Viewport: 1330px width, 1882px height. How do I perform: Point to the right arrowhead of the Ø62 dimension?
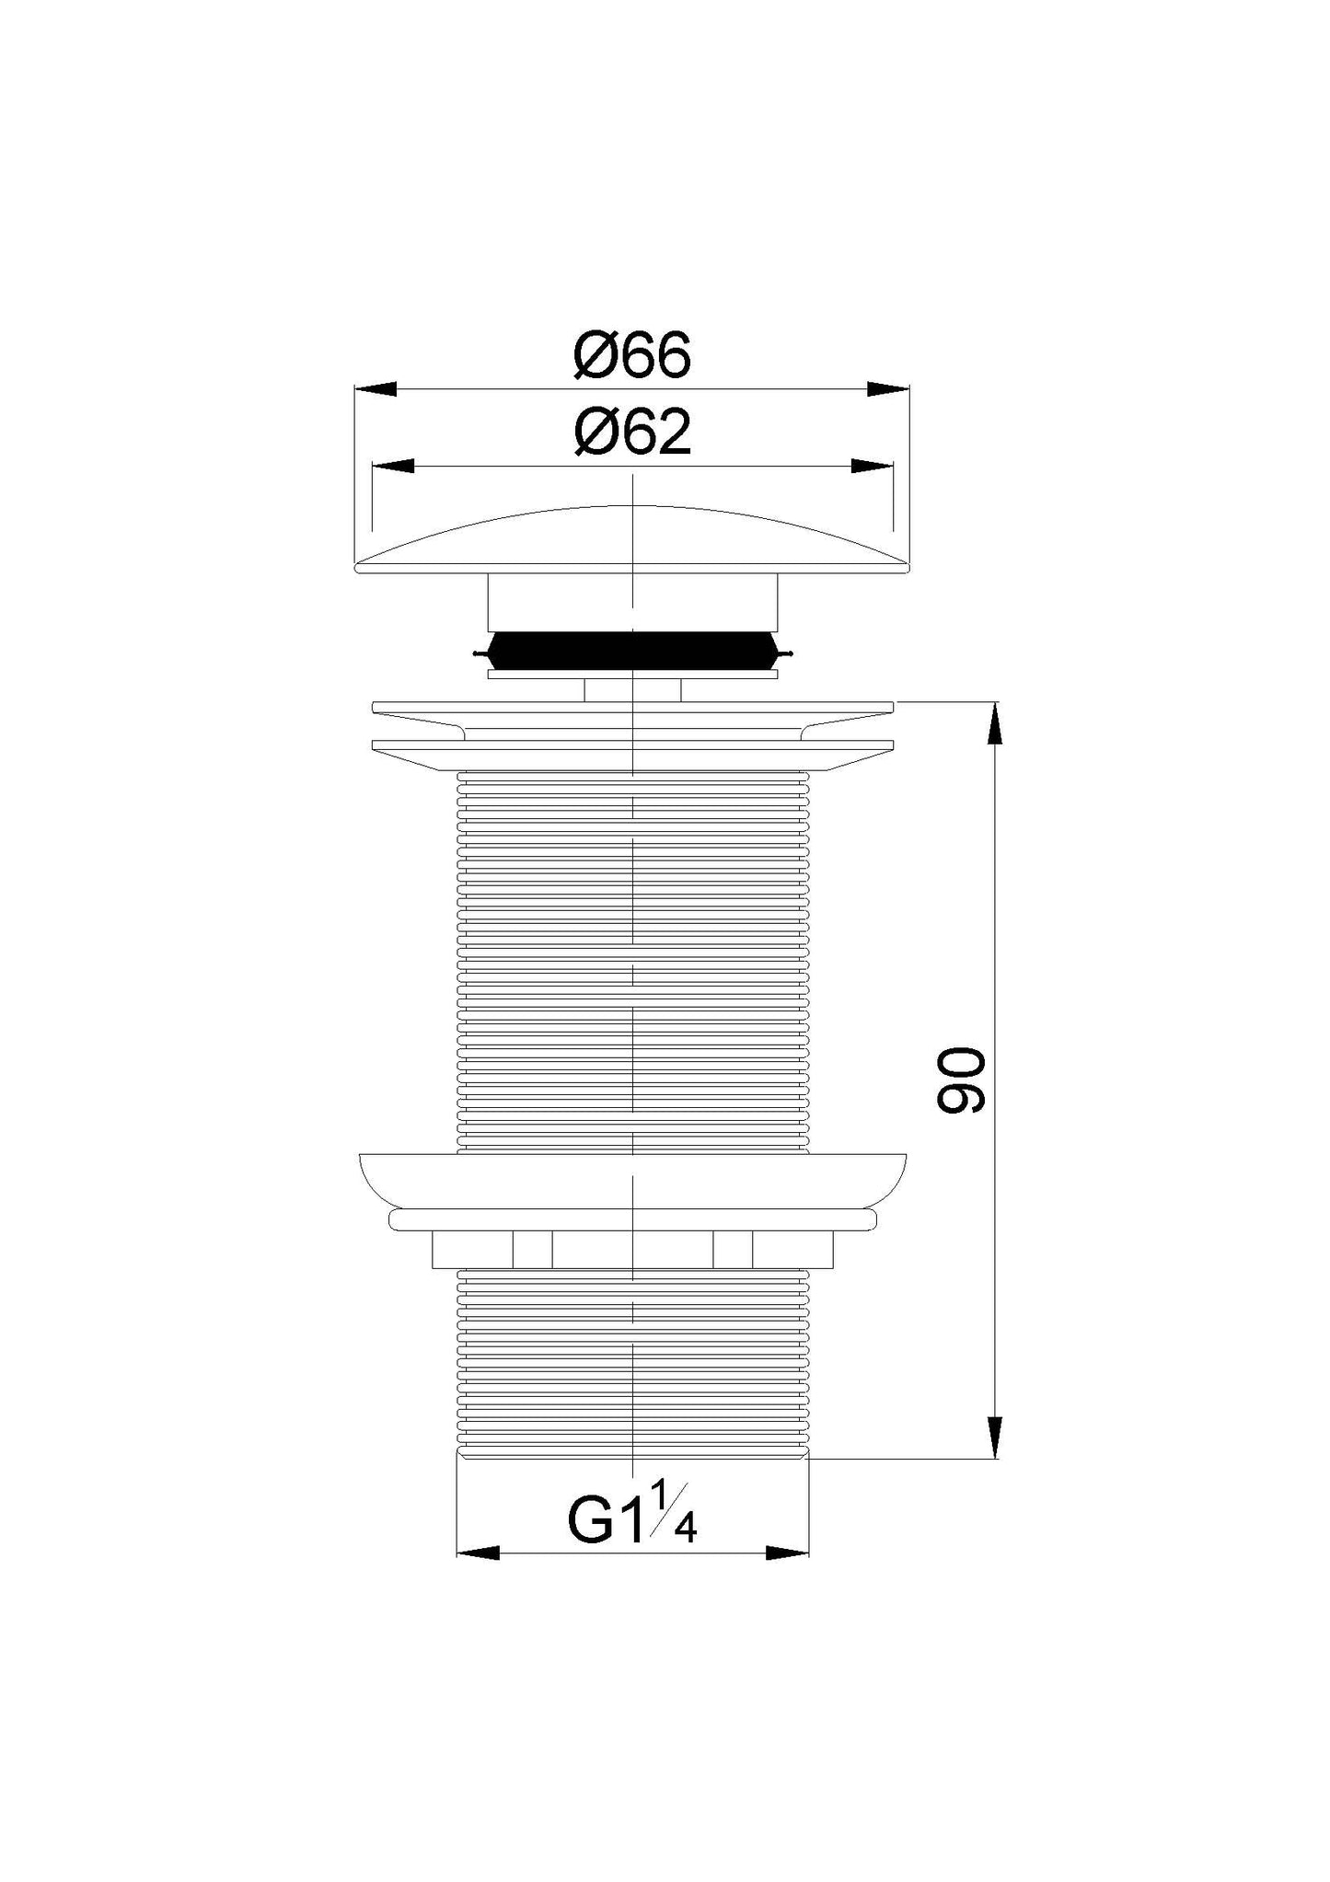click(872, 467)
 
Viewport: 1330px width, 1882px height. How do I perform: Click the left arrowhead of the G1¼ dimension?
click(478, 1553)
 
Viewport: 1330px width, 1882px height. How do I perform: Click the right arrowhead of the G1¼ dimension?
click(788, 1553)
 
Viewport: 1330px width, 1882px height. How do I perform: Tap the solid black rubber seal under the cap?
click(631, 651)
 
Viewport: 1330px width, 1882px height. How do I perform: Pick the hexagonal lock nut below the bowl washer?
click(631, 1249)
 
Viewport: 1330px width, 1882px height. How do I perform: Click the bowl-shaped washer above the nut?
click(631, 1181)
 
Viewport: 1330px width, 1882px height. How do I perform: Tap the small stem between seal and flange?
click(631, 689)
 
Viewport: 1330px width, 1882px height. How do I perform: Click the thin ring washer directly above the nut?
click(631, 1219)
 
